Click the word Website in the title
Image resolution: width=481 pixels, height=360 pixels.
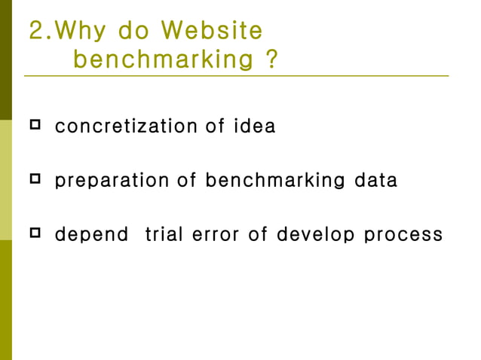(213, 31)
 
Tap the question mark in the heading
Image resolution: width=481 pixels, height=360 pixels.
(272, 59)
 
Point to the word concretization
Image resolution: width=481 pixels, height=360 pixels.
(125, 127)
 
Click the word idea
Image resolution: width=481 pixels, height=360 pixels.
(254, 127)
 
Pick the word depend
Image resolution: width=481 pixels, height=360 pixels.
(92, 234)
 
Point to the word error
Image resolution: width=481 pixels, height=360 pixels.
(216, 234)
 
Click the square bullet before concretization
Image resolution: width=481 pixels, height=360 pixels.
(35, 124)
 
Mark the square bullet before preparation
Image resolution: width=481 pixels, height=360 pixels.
(35, 178)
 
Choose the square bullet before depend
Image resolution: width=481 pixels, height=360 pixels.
(35, 233)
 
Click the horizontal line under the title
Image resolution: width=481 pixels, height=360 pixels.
(236, 76)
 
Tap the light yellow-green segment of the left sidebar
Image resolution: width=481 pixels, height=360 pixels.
(6, 179)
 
